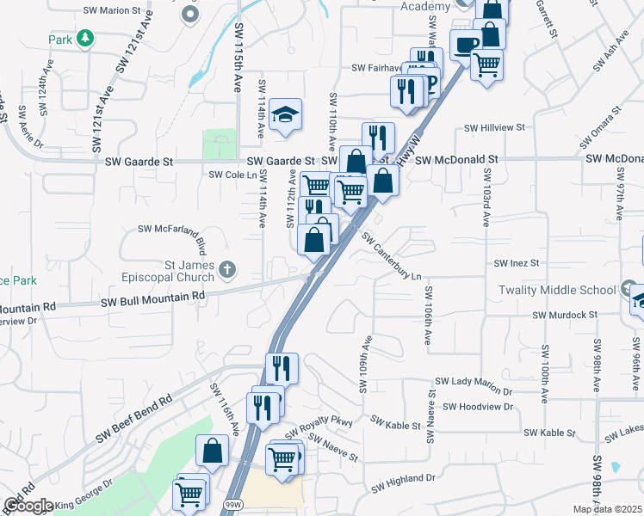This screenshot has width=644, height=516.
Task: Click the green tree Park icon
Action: [x=84, y=38]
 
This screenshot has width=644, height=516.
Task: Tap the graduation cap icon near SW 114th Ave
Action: [x=284, y=114]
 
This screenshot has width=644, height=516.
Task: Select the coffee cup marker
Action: [x=466, y=45]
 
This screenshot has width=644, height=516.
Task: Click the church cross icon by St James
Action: [x=226, y=270]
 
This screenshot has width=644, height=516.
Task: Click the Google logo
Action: [x=28, y=506]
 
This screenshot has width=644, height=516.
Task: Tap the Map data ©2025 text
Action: [x=607, y=509]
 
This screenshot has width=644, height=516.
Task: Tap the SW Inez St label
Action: [x=516, y=262]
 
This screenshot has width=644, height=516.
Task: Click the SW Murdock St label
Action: [x=564, y=316]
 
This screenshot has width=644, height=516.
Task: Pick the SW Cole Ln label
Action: [x=233, y=175]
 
